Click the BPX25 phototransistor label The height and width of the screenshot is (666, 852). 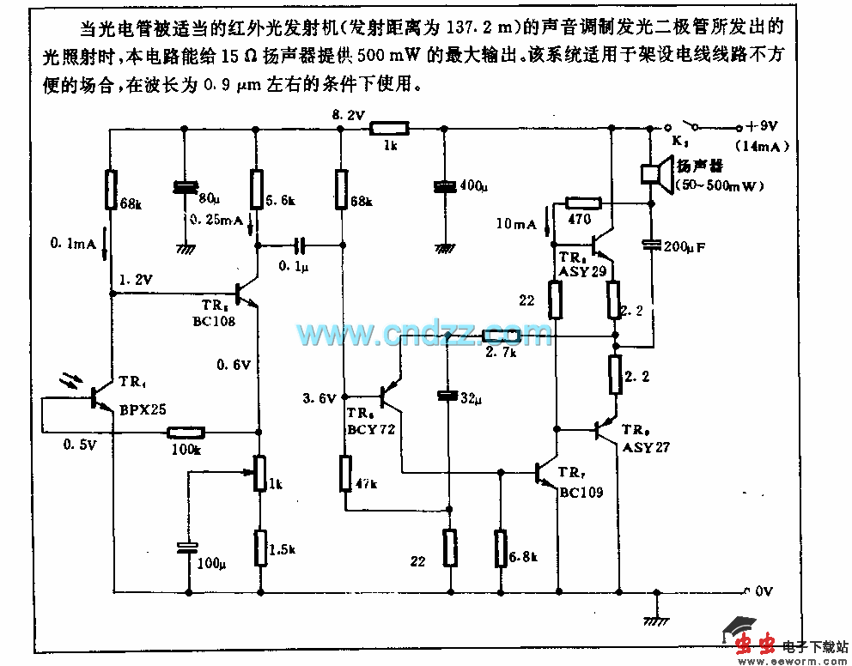[143, 409]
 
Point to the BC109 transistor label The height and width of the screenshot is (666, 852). [581, 493]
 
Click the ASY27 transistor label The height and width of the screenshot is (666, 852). [645, 447]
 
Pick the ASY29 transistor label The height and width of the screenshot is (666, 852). [582, 271]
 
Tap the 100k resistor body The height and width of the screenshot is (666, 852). [186, 433]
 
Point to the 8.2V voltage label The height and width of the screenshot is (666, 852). [348, 114]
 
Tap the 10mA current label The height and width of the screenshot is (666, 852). [515, 225]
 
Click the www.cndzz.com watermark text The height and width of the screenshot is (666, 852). [424, 333]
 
